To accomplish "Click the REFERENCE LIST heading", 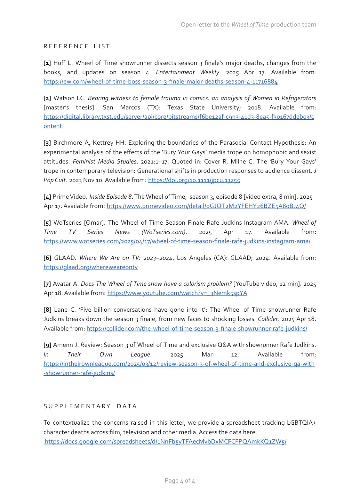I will [77, 46].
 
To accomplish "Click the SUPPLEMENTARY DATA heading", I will [90, 406].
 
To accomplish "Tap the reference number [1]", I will [47, 63].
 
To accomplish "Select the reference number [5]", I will [47, 223].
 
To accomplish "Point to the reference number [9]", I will [47, 345].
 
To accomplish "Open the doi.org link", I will [194, 180].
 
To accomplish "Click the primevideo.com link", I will [206, 206].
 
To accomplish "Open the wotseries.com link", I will [177, 241].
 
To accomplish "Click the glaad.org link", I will [91, 267].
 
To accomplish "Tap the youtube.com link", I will [177, 293].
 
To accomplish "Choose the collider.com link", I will [197, 329].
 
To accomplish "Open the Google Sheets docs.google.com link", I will [165, 442].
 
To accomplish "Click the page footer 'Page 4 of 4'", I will [180, 481].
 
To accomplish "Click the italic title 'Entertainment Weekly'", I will [188, 72].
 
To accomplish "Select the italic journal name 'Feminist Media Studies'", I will [105, 162].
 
